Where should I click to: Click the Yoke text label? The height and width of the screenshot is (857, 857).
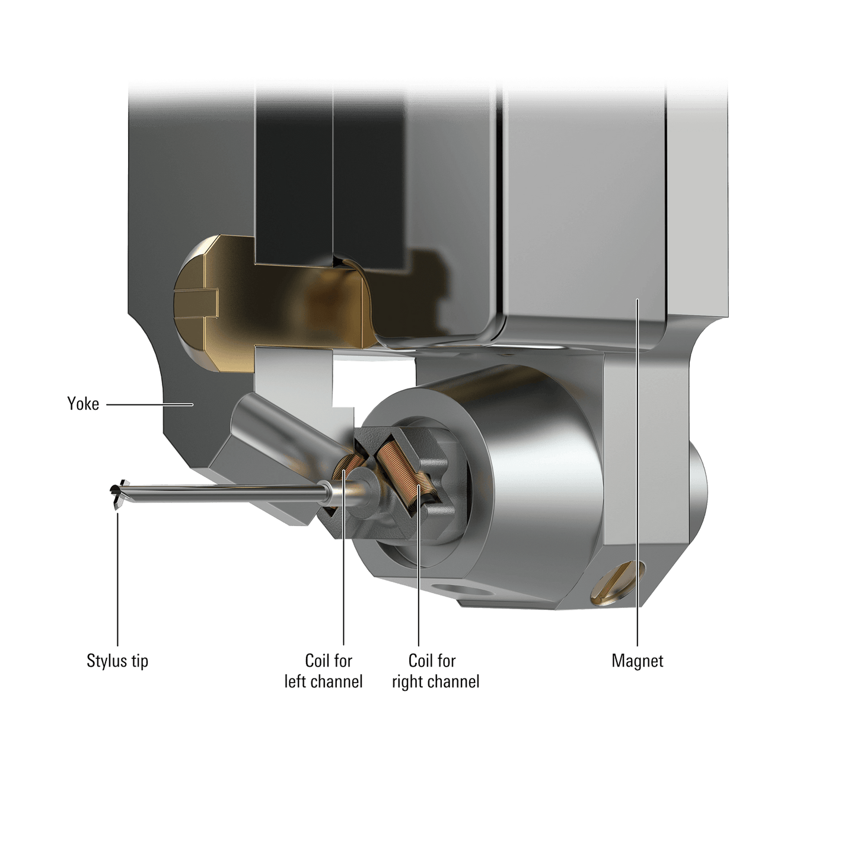(x=83, y=404)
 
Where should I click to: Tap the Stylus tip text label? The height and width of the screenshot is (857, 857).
(x=117, y=661)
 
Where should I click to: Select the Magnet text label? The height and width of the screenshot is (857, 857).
(x=638, y=661)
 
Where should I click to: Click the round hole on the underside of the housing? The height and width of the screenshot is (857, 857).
(x=463, y=591)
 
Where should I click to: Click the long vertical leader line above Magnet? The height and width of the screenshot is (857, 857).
(x=637, y=474)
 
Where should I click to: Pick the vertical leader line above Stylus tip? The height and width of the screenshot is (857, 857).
(x=117, y=581)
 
